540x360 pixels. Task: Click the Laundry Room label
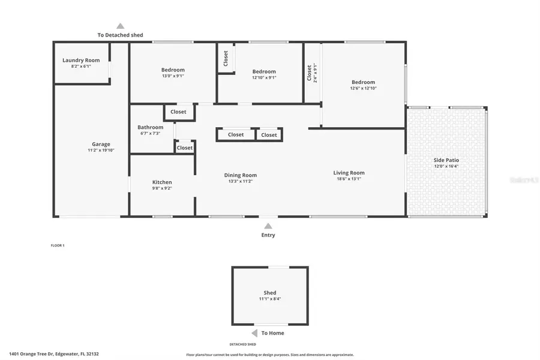tap(81, 60)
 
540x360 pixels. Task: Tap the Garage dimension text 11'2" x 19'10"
tap(101, 151)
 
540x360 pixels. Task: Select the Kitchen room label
tap(162, 182)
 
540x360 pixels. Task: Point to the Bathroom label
tap(150, 127)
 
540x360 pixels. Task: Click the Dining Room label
tap(241, 175)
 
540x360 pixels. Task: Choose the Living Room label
tap(349, 173)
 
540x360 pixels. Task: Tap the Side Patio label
tap(446, 160)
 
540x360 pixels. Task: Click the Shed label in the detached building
tap(270, 293)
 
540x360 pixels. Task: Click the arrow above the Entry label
tap(268, 226)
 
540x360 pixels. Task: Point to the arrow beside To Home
tap(254, 333)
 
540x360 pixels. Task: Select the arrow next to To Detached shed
tap(120, 26)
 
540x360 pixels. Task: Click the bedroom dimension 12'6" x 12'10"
tap(364, 88)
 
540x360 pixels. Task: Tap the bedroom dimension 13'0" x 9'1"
tap(173, 76)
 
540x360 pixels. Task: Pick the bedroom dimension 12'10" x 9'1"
tap(264, 77)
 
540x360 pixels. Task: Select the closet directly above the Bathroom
tap(178, 112)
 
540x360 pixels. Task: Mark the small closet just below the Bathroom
tap(185, 148)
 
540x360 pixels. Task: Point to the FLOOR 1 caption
tap(58, 245)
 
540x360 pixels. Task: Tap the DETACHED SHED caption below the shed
tap(243, 344)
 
